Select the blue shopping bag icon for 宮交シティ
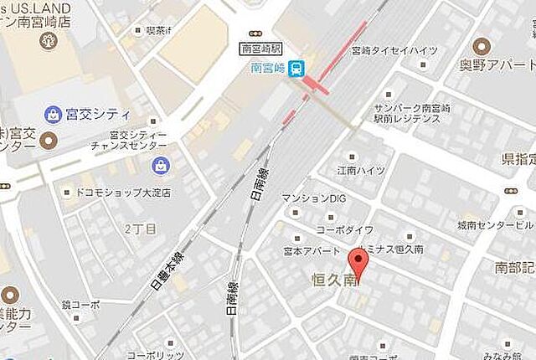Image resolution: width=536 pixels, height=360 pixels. point(54,114)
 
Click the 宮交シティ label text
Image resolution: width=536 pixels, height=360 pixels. point(98,114)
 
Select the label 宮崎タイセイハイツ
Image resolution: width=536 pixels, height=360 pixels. point(395,50)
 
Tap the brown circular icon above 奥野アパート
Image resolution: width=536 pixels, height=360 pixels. point(481,46)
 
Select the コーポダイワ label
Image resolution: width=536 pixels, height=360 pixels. point(344,229)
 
